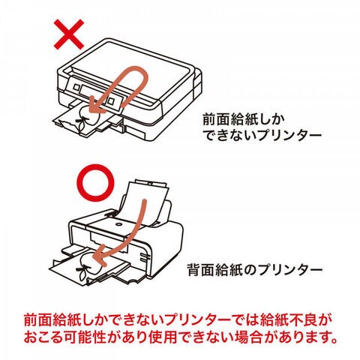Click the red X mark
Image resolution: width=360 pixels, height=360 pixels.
click(x=69, y=34)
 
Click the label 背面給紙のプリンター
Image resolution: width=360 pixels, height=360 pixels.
click(x=255, y=270)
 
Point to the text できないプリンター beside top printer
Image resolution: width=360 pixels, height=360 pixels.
click(x=262, y=136)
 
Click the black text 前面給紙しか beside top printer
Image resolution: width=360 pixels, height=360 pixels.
click(x=244, y=119)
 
